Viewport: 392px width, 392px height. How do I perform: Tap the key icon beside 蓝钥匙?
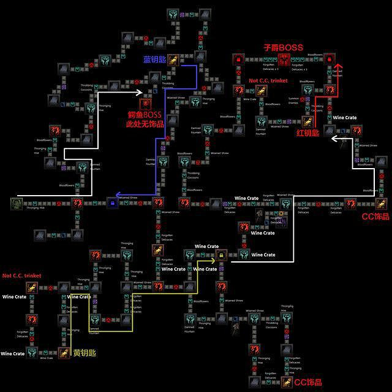tap(174, 60)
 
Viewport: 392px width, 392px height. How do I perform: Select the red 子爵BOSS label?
tap(283, 47)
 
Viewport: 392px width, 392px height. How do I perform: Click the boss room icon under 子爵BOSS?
tap(284, 60)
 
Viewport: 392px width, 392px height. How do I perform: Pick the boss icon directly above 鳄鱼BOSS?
tap(145, 103)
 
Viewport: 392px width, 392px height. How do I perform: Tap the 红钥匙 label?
tap(308, 133)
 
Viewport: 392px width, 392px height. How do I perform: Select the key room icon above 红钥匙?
tap(308, 121)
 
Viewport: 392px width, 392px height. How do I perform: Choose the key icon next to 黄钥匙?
tap(64, 352)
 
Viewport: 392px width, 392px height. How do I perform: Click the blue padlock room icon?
tap(112, 202)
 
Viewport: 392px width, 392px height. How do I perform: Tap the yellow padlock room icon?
tap(220, 254)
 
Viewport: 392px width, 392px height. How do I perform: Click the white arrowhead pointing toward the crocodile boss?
tap(138, 94)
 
